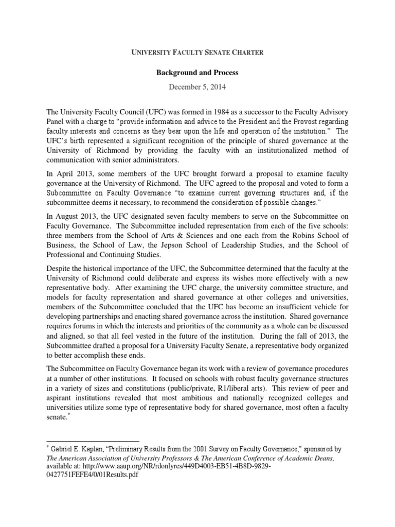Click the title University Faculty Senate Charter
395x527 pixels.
[197, 51]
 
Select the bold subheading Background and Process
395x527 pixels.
[197, 73]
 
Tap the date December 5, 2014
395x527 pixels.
[197, 87]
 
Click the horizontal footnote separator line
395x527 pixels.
[93, 441]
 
